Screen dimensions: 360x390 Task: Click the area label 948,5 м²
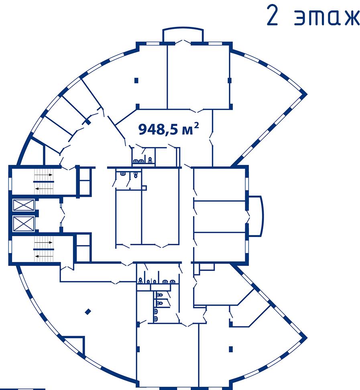pos(169,129)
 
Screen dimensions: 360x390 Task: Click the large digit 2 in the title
pos(272,15)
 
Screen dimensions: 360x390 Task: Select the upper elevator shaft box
pos(23,205)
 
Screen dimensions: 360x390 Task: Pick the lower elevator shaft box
pos(23,223)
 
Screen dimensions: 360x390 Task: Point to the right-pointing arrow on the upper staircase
pos(43,175)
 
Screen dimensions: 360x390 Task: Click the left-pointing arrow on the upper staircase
pos(44,188)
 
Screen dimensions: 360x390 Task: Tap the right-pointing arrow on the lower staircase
pos(43,242)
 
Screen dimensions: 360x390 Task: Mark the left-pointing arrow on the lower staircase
pos(44,256)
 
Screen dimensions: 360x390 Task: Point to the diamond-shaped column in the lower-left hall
pos(88,312)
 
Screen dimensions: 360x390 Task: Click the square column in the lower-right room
pos(231,349)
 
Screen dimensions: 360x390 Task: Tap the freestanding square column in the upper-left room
pos(136,81)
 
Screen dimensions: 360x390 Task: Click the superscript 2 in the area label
pos(196,126)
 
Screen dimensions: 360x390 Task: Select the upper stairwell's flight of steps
pos(44,182)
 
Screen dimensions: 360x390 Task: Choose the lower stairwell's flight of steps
pos(44,249)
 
